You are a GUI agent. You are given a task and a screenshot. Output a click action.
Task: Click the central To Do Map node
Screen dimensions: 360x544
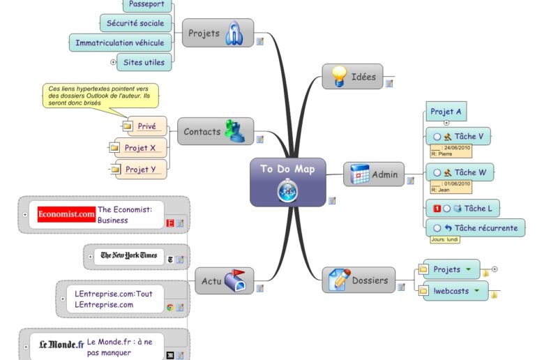287,170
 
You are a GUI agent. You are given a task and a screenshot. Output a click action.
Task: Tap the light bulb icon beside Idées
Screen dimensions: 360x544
340,76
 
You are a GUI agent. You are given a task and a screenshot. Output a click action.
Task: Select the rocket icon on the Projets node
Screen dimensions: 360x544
234,33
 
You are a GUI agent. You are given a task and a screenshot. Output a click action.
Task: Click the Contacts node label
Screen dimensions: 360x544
202,131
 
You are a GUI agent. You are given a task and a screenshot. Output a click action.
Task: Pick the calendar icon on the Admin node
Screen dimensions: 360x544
360,174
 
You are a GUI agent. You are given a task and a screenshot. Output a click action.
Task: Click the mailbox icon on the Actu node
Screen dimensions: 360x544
235,280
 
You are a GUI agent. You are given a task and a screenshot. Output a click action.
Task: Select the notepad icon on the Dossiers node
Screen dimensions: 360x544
340,280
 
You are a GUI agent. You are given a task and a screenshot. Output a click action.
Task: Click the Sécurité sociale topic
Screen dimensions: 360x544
135,23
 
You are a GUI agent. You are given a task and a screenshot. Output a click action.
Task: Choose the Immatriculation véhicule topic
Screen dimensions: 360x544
120,43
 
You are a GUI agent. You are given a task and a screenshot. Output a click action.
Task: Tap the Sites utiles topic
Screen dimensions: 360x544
144,62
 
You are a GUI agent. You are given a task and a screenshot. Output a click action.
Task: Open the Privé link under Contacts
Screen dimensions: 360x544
146,126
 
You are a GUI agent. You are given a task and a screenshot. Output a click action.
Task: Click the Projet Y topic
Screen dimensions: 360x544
140,169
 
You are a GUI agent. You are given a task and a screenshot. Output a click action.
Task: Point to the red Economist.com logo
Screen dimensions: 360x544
66,214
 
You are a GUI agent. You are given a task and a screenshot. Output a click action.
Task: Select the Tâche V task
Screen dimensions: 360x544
468,136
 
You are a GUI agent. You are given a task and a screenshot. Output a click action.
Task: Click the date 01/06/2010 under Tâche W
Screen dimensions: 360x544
458,183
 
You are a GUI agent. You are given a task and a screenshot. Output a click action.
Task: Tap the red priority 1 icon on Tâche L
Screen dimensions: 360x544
437,209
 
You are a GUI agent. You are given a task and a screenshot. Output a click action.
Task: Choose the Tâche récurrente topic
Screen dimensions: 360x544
485,227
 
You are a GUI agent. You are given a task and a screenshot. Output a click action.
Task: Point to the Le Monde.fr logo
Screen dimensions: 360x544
61,344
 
